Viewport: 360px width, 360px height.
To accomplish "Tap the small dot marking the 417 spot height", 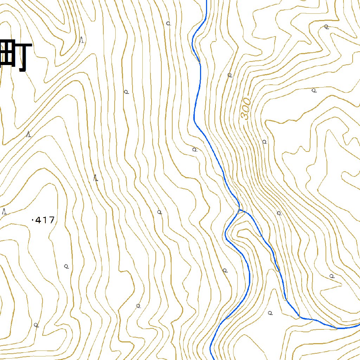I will [x=33, y=220].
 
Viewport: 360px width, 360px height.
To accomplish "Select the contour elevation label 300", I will [x=246, y=109].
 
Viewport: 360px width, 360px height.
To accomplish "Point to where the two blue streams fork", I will [x=240, y=210].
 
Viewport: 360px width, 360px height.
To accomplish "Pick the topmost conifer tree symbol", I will [x=82, y=40].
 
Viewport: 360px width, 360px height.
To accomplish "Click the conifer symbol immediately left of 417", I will [x=5, y=211].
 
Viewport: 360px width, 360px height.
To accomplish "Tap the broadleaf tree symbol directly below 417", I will [x=66, y=266].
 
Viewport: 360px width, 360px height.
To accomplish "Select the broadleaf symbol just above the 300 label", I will [x=230, y=75].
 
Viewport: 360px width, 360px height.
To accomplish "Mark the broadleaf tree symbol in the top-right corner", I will [x=326, y=26].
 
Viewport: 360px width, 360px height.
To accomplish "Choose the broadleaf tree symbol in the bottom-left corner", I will [x=36, y=325].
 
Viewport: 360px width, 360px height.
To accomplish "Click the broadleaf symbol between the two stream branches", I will [x=270, y=313].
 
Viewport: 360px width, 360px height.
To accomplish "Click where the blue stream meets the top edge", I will [x=206, y=1].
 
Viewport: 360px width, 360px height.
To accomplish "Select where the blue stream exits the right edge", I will [x=359, y=325].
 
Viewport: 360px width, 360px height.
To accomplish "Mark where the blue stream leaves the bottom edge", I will [x=213, y=359].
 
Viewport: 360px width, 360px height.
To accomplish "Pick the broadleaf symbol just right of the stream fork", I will [x=279, y=213].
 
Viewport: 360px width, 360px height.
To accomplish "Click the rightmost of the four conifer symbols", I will [x=95, y=178].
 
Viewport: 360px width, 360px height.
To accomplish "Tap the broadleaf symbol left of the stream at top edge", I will [x=168, y=24].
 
